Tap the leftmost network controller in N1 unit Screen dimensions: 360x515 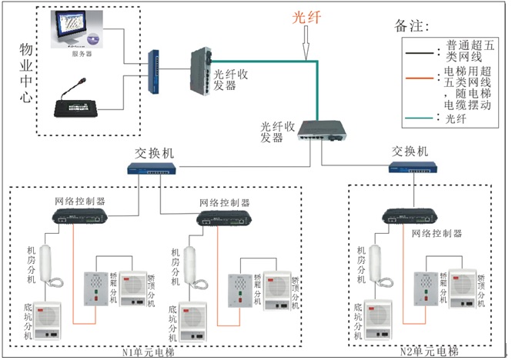82,218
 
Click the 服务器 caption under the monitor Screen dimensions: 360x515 82,55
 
